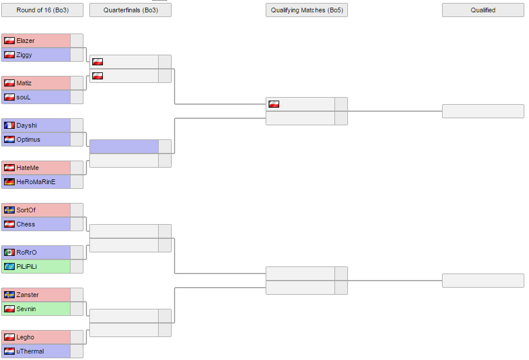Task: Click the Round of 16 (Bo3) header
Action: (x=42, y=10)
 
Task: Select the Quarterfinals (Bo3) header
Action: (x=130, y=10)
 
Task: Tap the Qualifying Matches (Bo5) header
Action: (x=307, y=10)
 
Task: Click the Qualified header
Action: (x=483, y=10)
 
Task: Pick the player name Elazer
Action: (x=26, y=41)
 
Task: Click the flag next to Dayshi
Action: (x=9, y=126)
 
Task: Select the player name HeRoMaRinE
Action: (x=36, y=182)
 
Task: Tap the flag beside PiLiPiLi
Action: (x=9, y=267)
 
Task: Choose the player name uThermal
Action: (x=30, y=352)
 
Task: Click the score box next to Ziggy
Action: (x=76, y=55)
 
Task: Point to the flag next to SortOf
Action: (x=9, y=211)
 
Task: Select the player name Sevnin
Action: (x=26, y=309)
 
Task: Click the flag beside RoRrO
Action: (x=9, y=252)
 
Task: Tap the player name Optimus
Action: (x=28, y=140)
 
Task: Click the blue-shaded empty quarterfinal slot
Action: (x=124, y=146)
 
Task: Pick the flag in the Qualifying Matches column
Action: (x=273, y=104)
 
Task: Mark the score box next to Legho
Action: (x=76, y=338)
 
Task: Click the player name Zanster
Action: (x=28, y=295)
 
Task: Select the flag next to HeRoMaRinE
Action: (x=9, y=182)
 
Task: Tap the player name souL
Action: (x=24, y=97)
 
